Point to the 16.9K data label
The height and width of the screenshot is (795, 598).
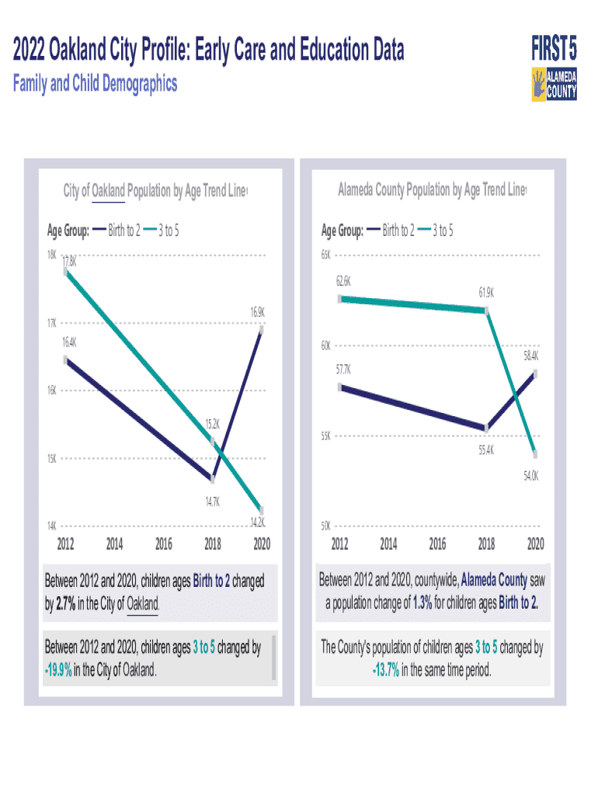(x=258, y=312)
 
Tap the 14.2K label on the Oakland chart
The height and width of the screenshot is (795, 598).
(x=258, y=522)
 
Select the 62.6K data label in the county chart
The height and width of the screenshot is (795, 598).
(x=343, y=281)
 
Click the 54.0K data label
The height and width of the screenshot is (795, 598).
(x=531, y=476)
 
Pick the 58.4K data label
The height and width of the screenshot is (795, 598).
(x=531, y=356)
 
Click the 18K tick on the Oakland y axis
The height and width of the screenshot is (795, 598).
(x=50, y=255)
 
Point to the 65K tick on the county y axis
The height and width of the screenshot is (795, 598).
(x=326, y=255)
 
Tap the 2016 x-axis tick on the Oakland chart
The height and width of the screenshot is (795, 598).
(x=163, y=543)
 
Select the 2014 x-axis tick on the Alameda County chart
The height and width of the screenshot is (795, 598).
(x=388, y=543)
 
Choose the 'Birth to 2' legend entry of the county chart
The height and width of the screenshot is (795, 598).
(x=398, y=230)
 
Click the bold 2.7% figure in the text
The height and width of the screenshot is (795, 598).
(x=65, y=602)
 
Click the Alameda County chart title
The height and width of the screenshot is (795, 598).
(x=432, y=189)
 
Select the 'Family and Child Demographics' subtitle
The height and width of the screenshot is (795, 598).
(x=96, y=84)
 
